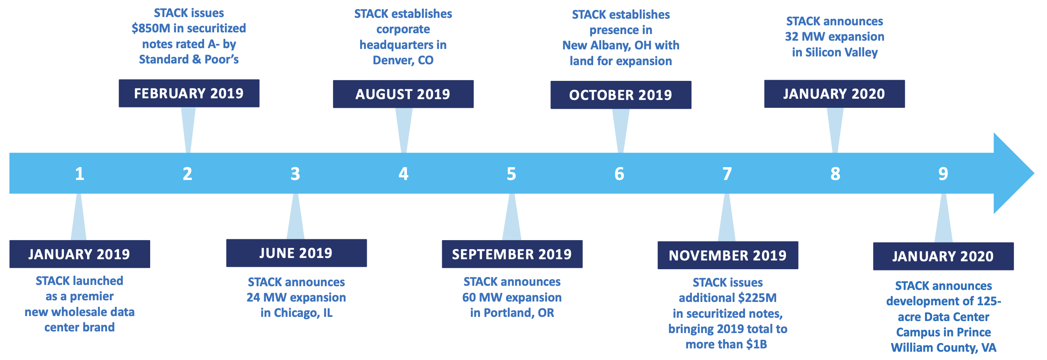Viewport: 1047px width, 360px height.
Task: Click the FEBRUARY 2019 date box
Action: pyautogui.click(x=189, y=93)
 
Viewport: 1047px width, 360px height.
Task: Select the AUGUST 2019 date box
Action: pyautogui.click(x=403, y=94)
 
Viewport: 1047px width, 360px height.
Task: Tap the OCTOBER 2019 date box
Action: pyautogui.click(x=621, y=95)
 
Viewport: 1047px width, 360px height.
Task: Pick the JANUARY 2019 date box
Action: pyautogui.click(x=80, y=254)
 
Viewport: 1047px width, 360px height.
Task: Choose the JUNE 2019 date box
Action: pyautogui.click(x=296, y=253)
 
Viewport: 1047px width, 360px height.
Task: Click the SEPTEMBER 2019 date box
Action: pyautogui.click(x=512, y=254)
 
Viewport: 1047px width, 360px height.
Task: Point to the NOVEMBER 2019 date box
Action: pyautogui.click(x=728, y=255)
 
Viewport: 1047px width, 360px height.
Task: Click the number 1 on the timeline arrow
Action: pyautogui.click(x=80, y=174)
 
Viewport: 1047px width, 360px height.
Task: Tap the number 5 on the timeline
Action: pyautogui.click(x=511, y=174)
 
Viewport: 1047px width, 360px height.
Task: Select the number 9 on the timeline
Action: pyautogui.click(x=943, y=174)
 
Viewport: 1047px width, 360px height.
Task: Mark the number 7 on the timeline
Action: pyautogui.click(x=727, y=174)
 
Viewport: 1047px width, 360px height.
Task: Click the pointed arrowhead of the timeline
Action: pyautogui.click(x=1034, y=173)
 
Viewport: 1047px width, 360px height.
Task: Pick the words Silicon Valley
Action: pyautogui.click(x=841, y=53)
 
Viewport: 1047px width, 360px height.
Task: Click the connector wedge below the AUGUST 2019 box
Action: pyautogui.click(x=404, y=130)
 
